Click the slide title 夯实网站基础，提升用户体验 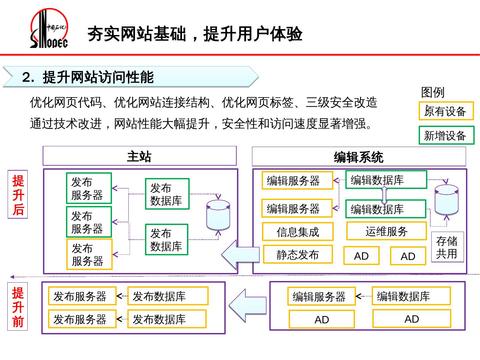tap(195, 34)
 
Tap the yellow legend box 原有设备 tap(446, 111)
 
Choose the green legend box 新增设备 tap(446, 135)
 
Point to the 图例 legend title tap(433, 92)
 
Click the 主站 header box tap(139, 156)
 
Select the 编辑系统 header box tap(359, 157)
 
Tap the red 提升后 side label tap(18, 195)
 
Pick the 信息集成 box tap(298, 232)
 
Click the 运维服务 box tap(386, 231)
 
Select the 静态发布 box tap(298, 255)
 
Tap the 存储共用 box tap(447, 247)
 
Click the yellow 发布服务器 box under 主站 tap(89, 254)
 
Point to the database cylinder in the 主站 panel tap(218, 215)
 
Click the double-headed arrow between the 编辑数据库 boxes tap(384, 195)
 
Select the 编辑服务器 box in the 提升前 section tap(321, 296)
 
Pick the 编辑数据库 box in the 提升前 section tap(411, 296)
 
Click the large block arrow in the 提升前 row tap(248, 306)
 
